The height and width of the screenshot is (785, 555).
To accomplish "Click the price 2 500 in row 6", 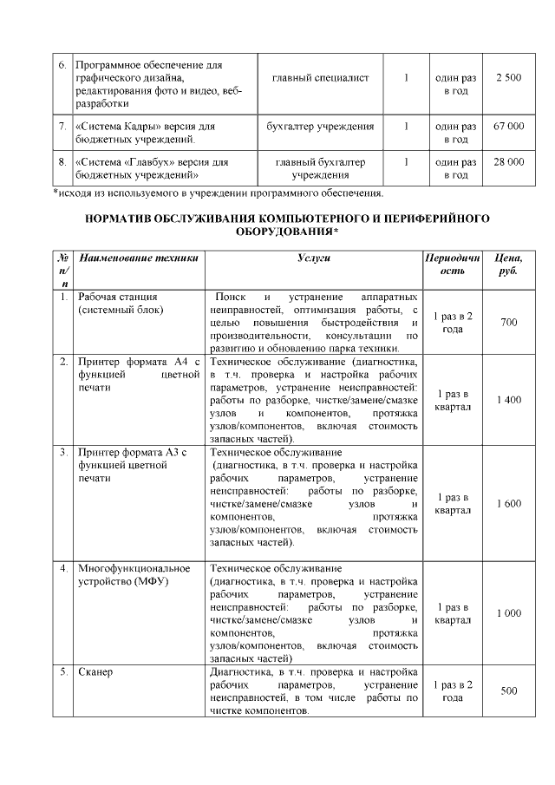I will [508, 79].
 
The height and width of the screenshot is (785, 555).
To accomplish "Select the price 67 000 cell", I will [508, 127].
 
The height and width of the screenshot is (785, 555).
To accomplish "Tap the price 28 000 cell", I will [508, 162].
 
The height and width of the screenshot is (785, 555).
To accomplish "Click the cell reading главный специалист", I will [320, 79].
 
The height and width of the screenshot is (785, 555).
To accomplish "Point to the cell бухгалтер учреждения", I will [320, 127].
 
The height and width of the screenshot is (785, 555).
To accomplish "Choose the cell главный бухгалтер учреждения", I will [320, 168].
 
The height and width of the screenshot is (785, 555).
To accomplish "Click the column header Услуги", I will [313, 258].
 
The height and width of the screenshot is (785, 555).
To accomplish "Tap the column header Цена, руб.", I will [507, 265].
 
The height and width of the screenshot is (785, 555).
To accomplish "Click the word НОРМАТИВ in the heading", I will [121, 219].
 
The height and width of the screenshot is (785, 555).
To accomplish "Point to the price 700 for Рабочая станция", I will [508, 323].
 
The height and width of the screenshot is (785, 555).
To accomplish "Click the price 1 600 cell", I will [508, 503].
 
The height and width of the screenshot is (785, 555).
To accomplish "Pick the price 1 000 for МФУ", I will [508, 613].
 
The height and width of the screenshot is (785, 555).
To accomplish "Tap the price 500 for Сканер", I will [508, 690].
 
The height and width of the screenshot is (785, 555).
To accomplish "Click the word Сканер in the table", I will [95, 672].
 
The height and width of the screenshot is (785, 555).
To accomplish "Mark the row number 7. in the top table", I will [62, 127].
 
